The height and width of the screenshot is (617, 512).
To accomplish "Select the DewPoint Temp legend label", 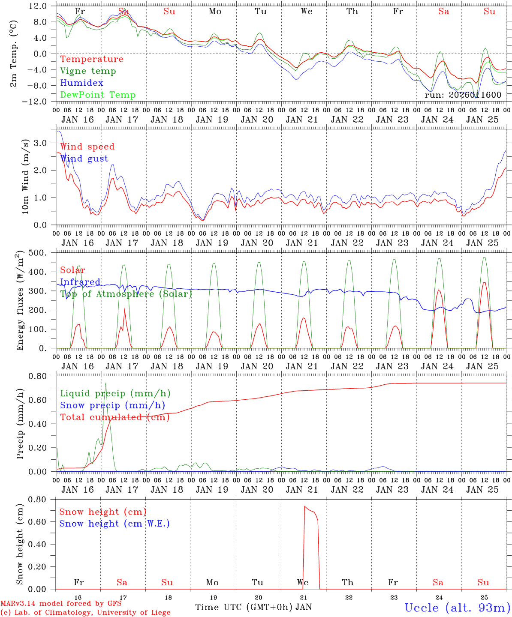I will coord(98,95).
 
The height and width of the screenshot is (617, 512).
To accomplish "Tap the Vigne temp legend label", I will coord(88,71).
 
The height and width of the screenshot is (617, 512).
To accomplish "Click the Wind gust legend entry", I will coord(84,159).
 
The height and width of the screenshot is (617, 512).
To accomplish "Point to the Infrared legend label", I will coord(80,282).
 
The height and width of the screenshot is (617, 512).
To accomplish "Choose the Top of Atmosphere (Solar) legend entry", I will coord(126,294).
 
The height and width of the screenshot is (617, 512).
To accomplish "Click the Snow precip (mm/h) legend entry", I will coord(112,405).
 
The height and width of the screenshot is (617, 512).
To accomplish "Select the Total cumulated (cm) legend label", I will coord(115,417).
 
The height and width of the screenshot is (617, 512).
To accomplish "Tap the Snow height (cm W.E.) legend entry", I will coord(114,524).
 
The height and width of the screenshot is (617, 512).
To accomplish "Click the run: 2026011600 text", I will coord(463,95).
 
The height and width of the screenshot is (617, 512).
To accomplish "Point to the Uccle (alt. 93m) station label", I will coord(458,608).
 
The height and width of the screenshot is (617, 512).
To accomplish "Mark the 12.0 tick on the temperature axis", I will coord(38,6).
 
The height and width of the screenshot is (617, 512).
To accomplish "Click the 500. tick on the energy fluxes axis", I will coord(38,253).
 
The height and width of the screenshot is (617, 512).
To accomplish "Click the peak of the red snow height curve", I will coord(305,506).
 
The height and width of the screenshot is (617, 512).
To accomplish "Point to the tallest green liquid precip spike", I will coord(105,383).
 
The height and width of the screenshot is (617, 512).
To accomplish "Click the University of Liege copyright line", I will coord(85,612).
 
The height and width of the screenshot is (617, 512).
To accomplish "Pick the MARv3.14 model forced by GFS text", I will coord(61,604).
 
